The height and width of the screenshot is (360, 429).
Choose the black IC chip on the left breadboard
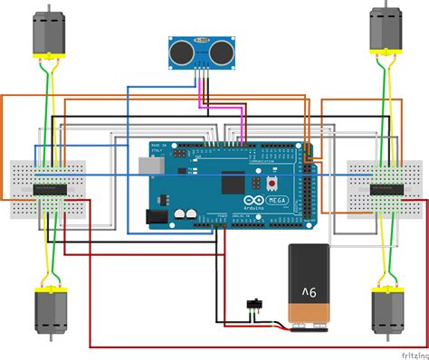click(46, 188)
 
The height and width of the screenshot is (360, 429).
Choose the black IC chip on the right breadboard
click(384, 188)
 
